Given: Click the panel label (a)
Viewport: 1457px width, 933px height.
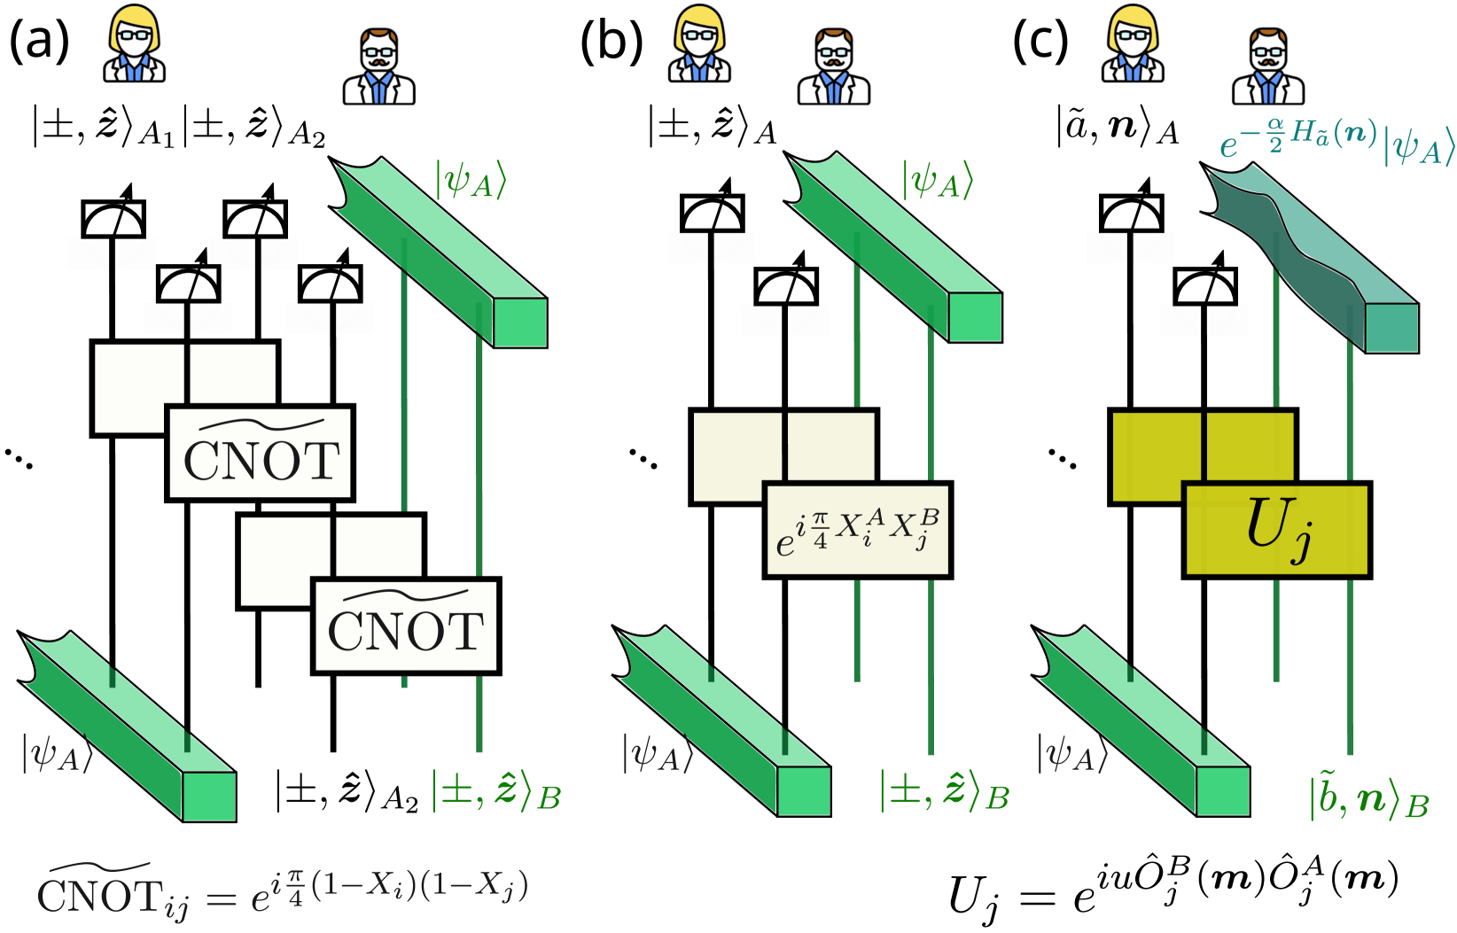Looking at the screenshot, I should click(39, 41).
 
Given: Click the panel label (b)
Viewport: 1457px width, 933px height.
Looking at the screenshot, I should click(611, 41).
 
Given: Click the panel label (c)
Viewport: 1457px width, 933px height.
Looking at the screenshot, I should click(1040, 41).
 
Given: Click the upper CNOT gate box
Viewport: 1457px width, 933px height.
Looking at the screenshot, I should click(261, 454).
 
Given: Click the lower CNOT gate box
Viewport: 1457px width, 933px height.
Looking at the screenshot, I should click(406, 626).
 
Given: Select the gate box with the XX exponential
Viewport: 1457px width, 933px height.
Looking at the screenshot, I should click(857, 531).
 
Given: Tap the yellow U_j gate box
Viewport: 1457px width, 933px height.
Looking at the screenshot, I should click(1277, 531).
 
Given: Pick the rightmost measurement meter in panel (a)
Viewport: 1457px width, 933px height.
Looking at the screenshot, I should click(331, 283).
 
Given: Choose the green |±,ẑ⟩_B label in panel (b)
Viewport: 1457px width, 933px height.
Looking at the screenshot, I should click(944, 791).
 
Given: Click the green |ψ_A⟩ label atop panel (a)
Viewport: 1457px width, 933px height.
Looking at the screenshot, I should click(470, 179).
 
